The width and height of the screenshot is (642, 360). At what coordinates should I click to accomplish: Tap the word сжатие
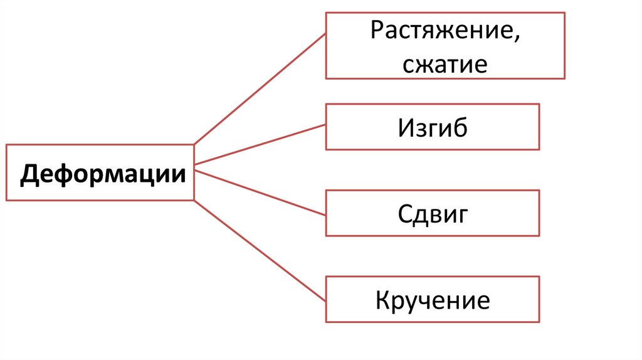[445, 64]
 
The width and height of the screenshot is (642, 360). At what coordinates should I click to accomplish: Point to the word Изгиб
[433, 128]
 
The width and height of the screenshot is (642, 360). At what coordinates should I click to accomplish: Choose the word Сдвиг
[433, 214]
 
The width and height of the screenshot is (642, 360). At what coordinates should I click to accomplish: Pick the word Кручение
[433, 300]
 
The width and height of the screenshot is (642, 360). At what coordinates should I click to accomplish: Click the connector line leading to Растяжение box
[260, 88]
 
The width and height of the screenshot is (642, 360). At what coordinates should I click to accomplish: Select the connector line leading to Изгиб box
[260, 145]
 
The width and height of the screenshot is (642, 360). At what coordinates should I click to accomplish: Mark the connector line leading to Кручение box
[260, 248]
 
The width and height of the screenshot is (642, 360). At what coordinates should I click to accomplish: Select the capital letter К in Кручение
[383, 300]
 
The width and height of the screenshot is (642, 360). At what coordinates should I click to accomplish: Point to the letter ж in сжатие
[424, 65]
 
